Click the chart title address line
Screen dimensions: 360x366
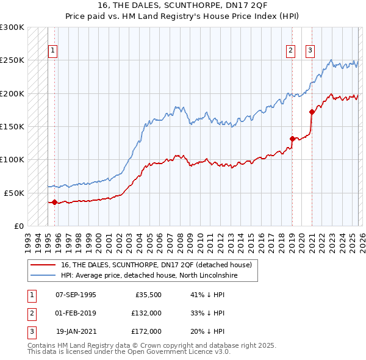[182, 5]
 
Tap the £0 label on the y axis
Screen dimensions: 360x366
[18, 226]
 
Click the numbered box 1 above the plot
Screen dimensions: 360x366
[53, 51]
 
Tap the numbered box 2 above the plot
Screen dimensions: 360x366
[291, 51]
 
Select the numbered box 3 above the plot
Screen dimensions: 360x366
[310, 51]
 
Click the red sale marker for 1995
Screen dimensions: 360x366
[54, 202]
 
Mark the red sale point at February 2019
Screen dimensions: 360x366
[292, 139]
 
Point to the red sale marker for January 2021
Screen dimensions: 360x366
[312, 112]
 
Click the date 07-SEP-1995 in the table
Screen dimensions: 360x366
[76, 294]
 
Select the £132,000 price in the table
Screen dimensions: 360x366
[146, 313]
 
